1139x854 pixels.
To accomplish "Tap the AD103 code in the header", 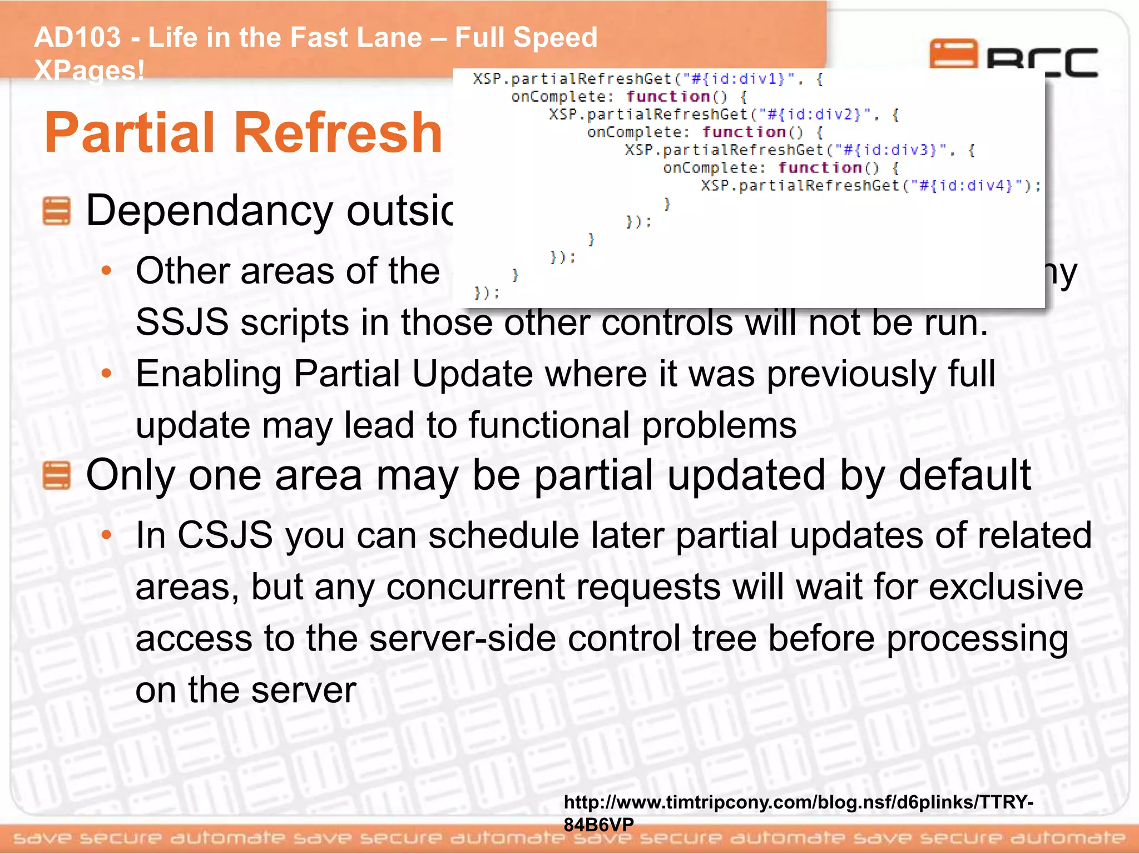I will point(77,38).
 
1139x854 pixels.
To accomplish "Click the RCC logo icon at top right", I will point(953,54).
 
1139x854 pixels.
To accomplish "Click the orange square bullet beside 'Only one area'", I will point(57,475).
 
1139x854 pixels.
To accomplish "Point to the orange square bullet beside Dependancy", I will point(57,211).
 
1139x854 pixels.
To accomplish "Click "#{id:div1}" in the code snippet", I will point(738,79).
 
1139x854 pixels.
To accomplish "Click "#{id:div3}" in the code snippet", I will point(890,150).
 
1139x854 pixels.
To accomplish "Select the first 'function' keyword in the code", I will point(668,97).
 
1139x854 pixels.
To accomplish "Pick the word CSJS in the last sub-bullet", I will point(225,535).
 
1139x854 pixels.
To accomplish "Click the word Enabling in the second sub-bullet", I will point(209,374).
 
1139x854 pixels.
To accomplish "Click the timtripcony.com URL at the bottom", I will point(798,803).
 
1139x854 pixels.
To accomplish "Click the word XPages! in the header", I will point(89,71).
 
